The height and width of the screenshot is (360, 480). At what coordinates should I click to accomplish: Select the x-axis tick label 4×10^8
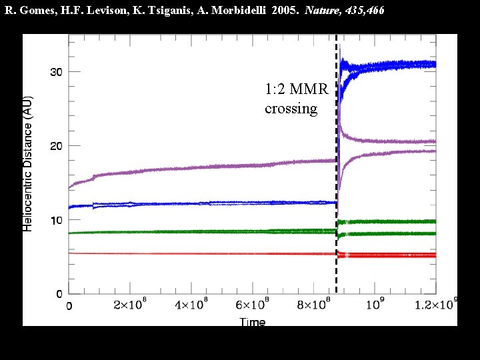tap(193, 307)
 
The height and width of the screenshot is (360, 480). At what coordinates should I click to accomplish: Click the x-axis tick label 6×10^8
tap(253, 307)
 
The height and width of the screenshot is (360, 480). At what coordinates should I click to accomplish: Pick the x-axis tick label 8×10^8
tap(315, 307)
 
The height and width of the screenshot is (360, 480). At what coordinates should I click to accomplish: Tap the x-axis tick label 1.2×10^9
tap(433, 305)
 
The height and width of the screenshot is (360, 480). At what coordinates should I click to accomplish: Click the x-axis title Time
tap(253, 322)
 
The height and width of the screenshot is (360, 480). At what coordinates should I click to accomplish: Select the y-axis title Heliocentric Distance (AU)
tap(28, 163)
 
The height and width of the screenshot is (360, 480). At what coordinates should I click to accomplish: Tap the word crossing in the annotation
tap(291, 108)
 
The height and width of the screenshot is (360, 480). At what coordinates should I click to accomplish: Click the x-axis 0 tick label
tap(69, 307)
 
